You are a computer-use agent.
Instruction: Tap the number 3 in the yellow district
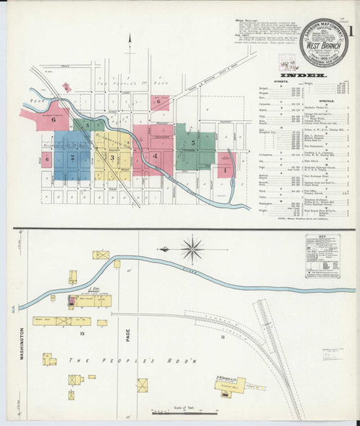pyautogui.click(x=112, y=156)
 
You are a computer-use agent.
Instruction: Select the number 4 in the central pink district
pyautogui.click(x=154, y=156)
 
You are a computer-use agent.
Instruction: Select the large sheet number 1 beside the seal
pyautogui.click(x=352, y=33)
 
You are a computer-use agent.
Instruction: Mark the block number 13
pyautogui.click(x=84, y=335)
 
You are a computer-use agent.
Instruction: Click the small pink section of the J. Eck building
pyautogui.click(x=71, y=298)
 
